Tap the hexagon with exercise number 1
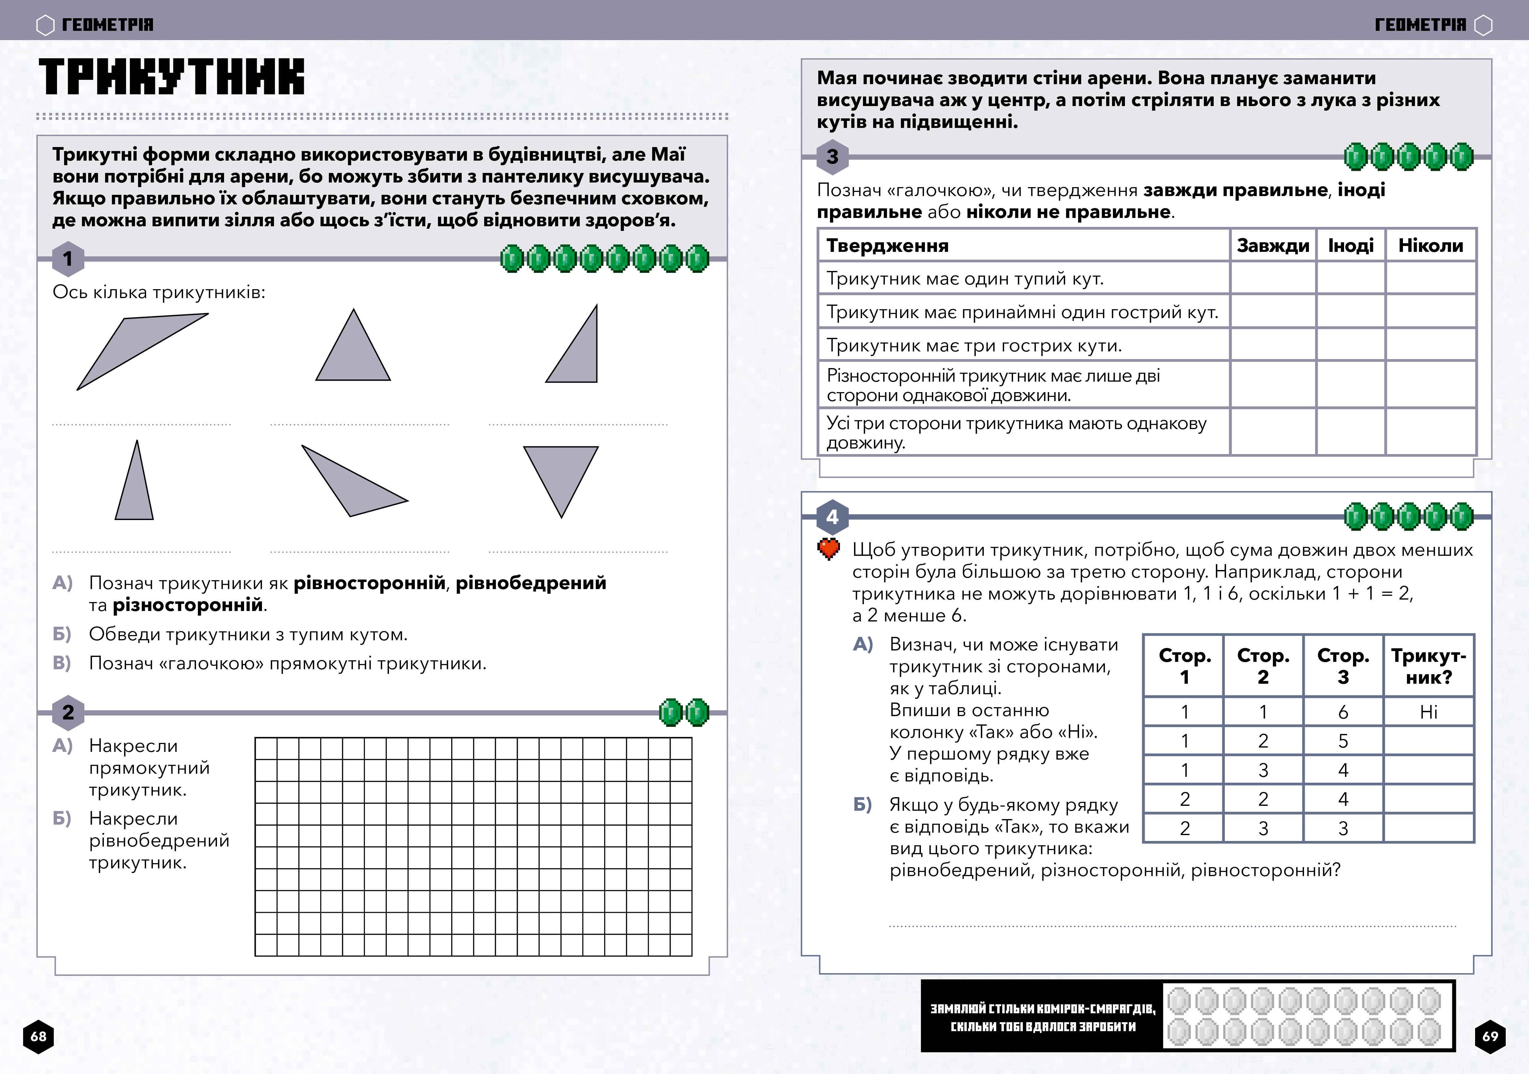coord(68,259)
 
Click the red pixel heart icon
coord(828,549)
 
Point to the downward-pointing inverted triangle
coord(561,474)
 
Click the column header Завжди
coord(1273,246)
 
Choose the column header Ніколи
coord(1430,246)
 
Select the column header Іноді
coord(1351,246)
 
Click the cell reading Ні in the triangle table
coord(1429,712)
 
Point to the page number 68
coord(39,1036)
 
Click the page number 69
coord(1490,1036)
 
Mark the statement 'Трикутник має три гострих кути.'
coord(974,345)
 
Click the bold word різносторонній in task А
coord(188,605)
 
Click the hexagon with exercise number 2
coord(68,712)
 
